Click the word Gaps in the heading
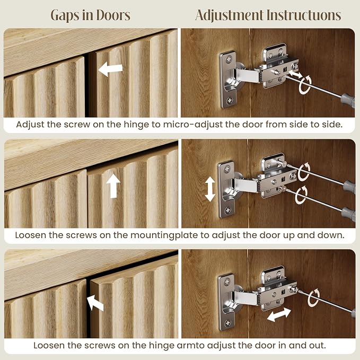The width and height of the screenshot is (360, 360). click(x=64, y=15)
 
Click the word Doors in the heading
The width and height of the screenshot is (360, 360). click(x=113, y=15)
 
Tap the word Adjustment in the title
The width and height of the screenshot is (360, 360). click(x=229, y=15)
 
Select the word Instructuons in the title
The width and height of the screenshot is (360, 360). click(x=303, y=15)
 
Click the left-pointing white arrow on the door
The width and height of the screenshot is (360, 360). click(x=110, y=68)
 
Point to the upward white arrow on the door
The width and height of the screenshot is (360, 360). click(x=113, y=186)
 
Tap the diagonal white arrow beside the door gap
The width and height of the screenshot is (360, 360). click(x=95, y=303)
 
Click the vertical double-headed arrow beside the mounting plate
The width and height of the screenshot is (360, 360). click(x=210, y=189)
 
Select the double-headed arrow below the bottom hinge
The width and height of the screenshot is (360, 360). click(x=279, y=314)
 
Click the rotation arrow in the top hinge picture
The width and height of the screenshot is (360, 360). click(x=305, y=84)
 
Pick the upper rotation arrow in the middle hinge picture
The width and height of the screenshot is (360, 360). click(x=304, y=171)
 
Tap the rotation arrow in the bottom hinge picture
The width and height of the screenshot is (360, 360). click(x=314, y=298)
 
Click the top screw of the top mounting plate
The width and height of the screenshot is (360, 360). click(x=229, y=59)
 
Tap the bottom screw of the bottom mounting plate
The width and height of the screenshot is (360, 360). click(x=228, y=323)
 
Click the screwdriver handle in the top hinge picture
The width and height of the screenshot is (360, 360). click(x=348, y=100)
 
